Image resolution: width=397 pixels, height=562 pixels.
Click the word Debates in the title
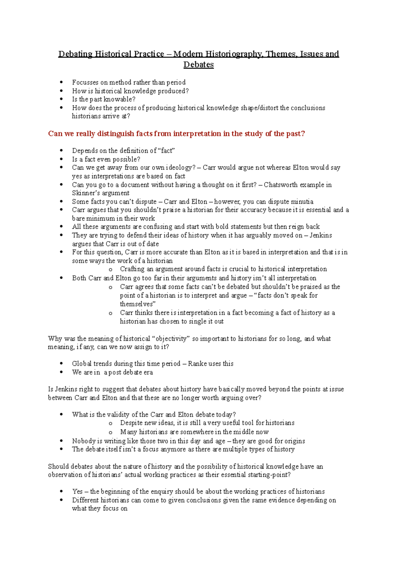(198, 65)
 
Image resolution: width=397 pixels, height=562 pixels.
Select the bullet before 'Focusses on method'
(61, 82)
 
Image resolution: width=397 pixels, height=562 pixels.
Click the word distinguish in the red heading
(115, 134)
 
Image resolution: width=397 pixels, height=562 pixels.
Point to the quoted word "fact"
(167, 151)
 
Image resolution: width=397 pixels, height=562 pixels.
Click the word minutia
(303, 202)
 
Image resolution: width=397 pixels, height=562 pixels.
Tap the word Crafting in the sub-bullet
(132, 269)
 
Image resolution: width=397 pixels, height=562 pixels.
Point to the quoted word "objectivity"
(171, 339)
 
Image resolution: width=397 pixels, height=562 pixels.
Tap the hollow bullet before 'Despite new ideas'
(110, 423)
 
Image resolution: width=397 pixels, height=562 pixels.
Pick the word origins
(295, 441)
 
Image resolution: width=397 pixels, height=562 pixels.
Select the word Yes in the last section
(77, 492)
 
